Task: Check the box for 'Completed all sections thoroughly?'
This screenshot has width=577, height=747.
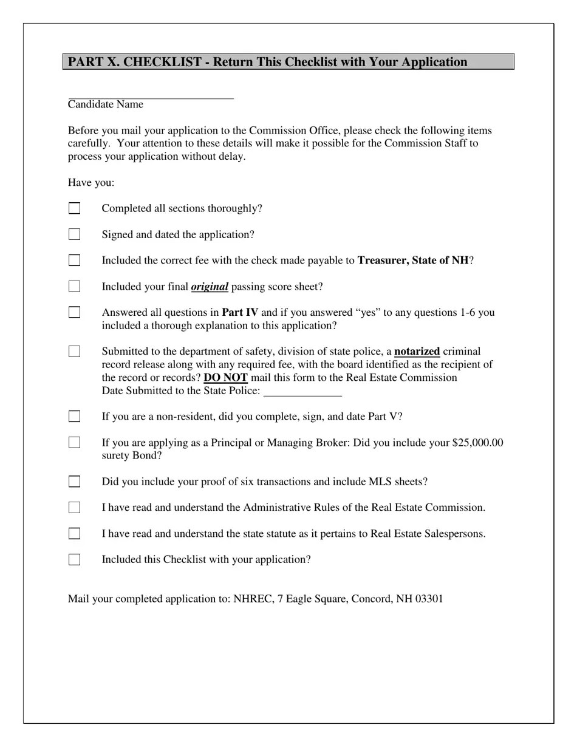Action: (x=74, y=208)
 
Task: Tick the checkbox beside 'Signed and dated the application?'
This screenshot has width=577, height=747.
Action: (x=74, y=234)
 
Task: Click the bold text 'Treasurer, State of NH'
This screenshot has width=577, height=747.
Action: (x=413, y=261)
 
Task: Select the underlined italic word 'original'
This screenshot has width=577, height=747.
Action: (x=210, y=287)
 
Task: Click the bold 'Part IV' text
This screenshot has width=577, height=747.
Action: (x=240, y=313)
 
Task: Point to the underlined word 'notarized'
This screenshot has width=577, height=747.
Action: (x=417, y=352)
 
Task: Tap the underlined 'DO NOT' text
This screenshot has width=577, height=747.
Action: (x=225, y=378)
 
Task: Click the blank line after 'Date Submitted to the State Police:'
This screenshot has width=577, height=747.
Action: (x=302, y=392)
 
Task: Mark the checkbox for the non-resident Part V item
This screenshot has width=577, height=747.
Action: (x=74, y=417)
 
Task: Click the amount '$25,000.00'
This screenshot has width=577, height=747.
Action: (x=477, y=443)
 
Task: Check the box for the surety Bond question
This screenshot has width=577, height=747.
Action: (x=74, y=443)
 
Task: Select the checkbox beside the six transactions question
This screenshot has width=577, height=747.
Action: (x=74, y=482)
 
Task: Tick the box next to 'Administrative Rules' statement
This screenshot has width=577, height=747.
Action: (x=74, y=508)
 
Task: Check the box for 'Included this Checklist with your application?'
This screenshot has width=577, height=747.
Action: (x=74, y=560)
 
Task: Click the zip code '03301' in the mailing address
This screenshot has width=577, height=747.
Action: (x=429, y=599)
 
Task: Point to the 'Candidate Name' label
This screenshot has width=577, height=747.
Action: (x=106, y=104)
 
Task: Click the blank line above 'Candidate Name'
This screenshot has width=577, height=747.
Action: (x=151, y=95)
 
